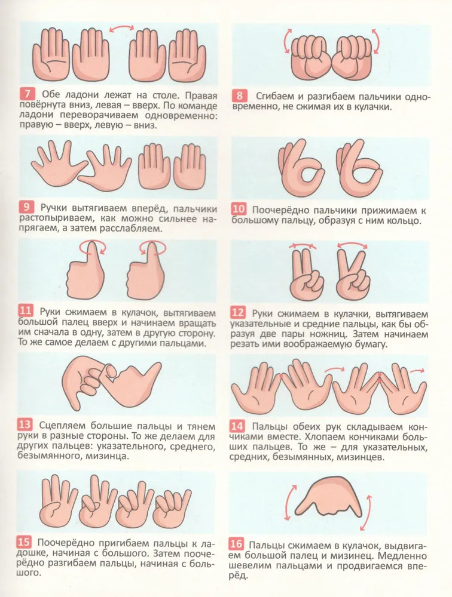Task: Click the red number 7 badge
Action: [x=28, y=94]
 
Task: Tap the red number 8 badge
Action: [x=240, y=96]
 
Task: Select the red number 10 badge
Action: [x=239, y=209]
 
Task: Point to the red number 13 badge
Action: [x=25, y=424]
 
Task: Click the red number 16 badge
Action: [x=236, y=544]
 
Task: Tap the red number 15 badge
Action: [x=24, y=542]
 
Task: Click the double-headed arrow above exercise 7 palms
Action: [x=122, y=28]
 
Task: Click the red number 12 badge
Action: [x=237, y=313]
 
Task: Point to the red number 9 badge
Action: [x=26, y=208]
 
